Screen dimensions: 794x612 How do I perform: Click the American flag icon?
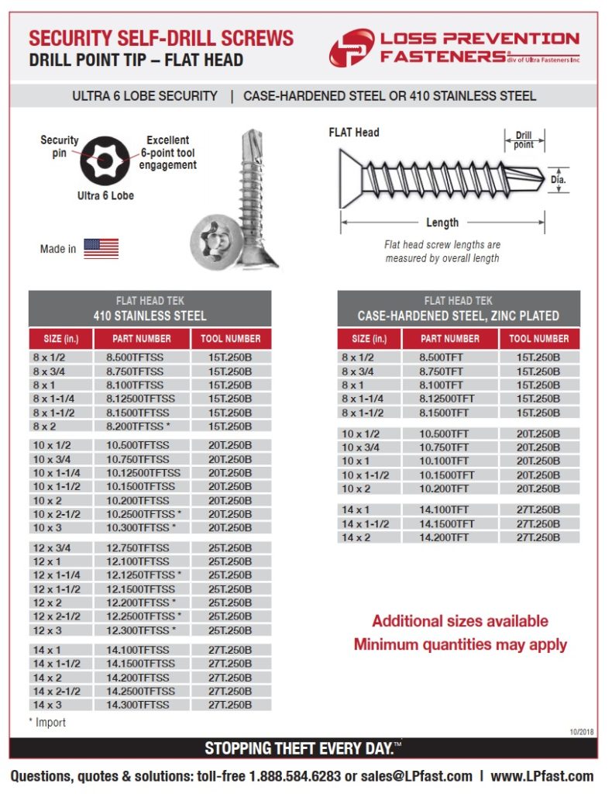click(x=101, y=248)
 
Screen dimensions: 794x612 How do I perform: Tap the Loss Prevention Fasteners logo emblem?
click(x=351, y=47)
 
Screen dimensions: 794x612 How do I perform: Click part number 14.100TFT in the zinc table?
click(x=444, y=509)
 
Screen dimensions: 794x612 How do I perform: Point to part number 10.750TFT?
click(x=444, y=447)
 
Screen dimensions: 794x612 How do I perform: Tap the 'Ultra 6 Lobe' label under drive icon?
click(x=105, y=195)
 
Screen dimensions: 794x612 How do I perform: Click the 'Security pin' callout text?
click(x=60, y=146)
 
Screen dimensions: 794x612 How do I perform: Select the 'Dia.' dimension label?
click(x=559, y=180)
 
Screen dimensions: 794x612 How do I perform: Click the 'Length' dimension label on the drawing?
click(x=442, y=223)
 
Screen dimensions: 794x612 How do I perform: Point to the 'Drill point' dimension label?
click(x=524, y=140)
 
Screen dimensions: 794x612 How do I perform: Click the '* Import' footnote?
click(x=47, y=723)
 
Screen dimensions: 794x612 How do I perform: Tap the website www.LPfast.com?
click(x=542, y=776)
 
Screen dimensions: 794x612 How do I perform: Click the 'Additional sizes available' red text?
click(x=459, y=621)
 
